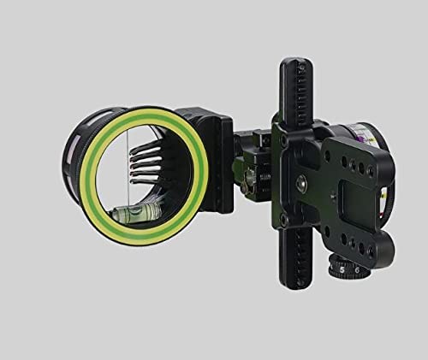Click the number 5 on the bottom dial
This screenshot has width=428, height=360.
click(x=342, y=270)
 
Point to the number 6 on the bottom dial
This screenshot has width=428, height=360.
click(x=357, y=269)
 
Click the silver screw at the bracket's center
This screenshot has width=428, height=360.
click(x=300, y=182)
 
